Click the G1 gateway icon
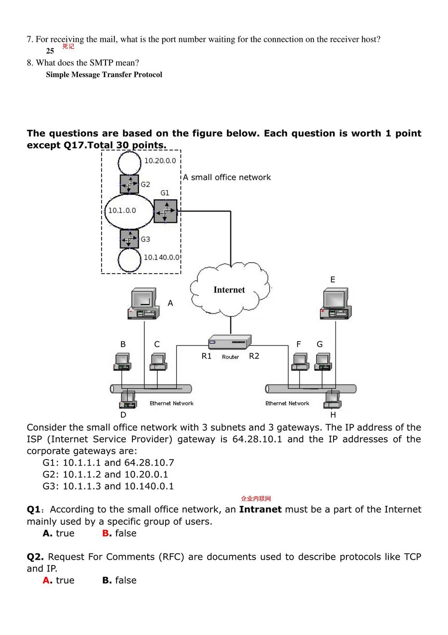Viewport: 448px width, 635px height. pyautogui.click(x=165, y=211)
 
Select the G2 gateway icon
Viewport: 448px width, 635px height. pyautogui.click(x=129, y=184)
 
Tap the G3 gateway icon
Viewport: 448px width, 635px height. pyautogui.click(x=129, y=239)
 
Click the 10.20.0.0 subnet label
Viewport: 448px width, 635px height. pyautogui.click(x=160, y=160)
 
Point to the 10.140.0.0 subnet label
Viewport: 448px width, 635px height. pyautogui.click(x=161, y=257)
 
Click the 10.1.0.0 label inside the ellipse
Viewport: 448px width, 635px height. pyautogui.click(x=122, y=210)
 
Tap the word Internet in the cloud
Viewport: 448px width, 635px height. pyautogui.click(x=229, y=290)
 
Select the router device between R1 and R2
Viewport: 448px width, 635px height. pyautogui.click(x=229, y=342)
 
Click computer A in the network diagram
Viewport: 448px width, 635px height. pyautogui.click(x=143, y=304)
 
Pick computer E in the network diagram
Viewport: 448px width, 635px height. pyautogui.click(x=334, y=304)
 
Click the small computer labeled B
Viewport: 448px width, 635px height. pyautogui.click(x=122, y=361)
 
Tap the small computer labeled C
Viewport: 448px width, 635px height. pyautogui.click(x=158, y=361)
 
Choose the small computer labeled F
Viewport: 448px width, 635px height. pyautogui.click(x=300, y=361)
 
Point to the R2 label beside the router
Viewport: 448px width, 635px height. pyautogui.click(x=254, y=356)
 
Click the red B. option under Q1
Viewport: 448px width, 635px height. pyautogui.click(x=107, y=533)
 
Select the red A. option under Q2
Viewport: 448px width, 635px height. pyautogui.click(x=47, y=580)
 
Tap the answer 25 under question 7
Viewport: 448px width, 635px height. pyautogui.click(x=50, y=51)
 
